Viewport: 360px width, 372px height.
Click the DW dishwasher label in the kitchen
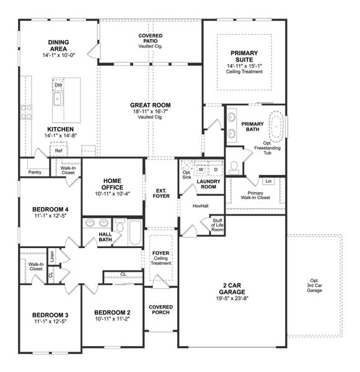58,86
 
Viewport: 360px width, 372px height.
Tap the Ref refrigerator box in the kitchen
58,151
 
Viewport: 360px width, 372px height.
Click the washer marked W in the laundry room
201,169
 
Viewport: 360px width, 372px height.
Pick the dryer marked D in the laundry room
216,169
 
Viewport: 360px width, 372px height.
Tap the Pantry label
35,172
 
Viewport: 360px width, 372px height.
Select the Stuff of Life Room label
217,225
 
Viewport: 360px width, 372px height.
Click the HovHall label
200,205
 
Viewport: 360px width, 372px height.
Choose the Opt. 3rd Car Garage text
315,285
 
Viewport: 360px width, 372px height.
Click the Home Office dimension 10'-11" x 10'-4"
113,194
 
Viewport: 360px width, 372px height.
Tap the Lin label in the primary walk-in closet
268,181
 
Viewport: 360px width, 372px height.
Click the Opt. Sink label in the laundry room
186,175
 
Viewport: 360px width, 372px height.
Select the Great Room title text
150,105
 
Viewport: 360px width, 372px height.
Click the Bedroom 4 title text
50,209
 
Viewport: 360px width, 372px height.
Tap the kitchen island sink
57,99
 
